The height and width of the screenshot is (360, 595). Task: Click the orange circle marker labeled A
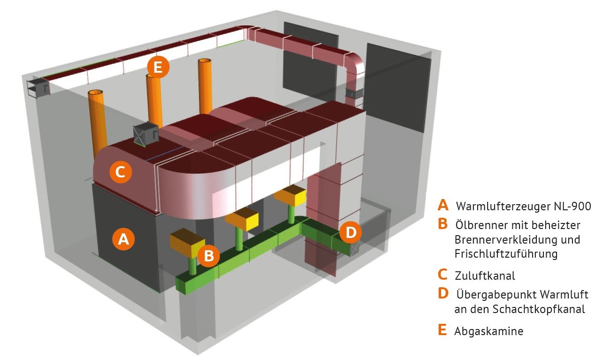123,239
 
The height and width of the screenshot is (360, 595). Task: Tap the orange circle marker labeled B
208,256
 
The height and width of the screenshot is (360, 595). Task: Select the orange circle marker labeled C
121,172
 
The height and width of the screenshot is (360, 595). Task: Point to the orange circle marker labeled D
351,232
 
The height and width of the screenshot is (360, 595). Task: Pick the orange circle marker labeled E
158,67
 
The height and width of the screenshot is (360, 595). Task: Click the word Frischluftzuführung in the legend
506,254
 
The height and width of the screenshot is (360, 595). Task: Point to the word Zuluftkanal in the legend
485,276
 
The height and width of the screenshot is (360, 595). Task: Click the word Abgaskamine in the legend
489,331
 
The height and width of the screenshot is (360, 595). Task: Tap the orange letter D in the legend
443,293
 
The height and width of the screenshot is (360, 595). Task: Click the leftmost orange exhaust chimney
98,121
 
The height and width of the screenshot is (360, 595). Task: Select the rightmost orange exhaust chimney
205,86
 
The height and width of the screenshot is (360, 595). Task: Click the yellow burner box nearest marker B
188,243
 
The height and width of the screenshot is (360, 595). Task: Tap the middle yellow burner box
242,219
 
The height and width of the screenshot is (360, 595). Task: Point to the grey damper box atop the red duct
145,134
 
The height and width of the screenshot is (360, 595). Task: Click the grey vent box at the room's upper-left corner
38,87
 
